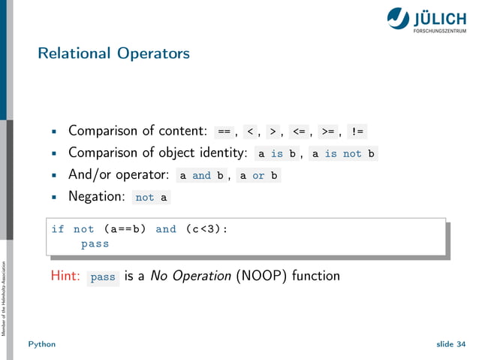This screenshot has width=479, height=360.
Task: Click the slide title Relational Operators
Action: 113,53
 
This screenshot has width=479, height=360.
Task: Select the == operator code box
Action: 224,132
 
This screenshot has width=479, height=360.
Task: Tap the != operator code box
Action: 357,132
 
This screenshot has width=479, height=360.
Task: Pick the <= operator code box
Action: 300,132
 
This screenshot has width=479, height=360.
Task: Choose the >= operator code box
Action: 327,132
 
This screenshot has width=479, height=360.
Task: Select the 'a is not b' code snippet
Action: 342,154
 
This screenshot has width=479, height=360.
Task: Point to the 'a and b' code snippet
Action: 201,176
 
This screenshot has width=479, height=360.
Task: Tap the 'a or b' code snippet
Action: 258,176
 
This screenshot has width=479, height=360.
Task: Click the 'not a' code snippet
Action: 152,198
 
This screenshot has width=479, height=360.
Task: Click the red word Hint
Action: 65,276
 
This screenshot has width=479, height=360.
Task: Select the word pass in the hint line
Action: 103,277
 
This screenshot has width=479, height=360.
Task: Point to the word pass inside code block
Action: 95,244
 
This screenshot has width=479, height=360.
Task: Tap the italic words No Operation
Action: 190,276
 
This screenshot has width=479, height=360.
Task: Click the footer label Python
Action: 42,343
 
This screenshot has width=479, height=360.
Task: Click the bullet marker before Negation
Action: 54,198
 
